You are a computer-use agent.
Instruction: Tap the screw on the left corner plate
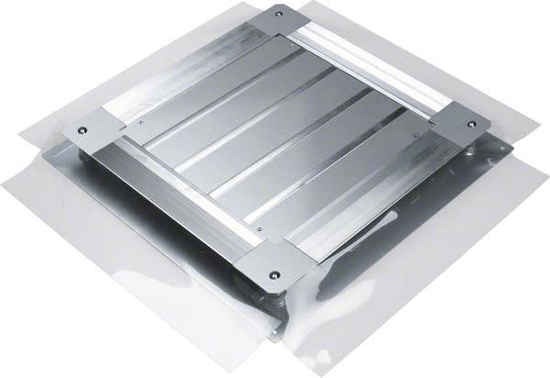pos(82,130)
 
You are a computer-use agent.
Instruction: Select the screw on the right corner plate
pos(471,124)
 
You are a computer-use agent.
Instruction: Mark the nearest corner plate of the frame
pos(271,266)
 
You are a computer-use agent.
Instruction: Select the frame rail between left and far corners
pos(183,73)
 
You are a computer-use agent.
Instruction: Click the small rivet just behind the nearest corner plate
pos(259,228)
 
